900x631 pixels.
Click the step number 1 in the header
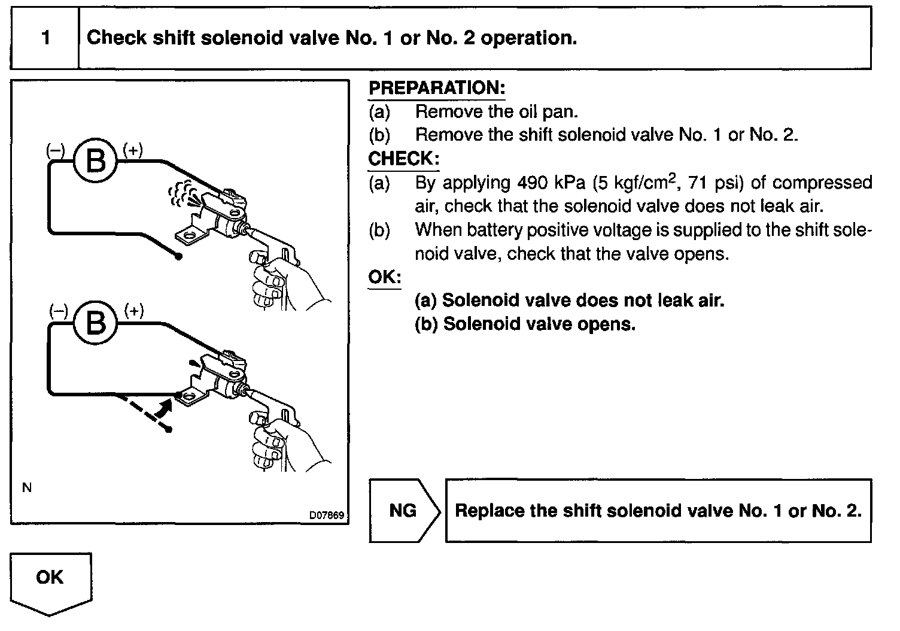[x=45, y=38]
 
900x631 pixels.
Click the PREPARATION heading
[x=437, y=88]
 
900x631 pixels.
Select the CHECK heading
[x=404, y=159]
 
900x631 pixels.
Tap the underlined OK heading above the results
[x=384, y=278]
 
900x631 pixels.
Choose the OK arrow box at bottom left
[x=50, y=580]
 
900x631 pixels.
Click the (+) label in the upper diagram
[x=133, y=150]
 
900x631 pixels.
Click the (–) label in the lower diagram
[x=58, y=311]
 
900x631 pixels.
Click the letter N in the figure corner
[x=26, y=488]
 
